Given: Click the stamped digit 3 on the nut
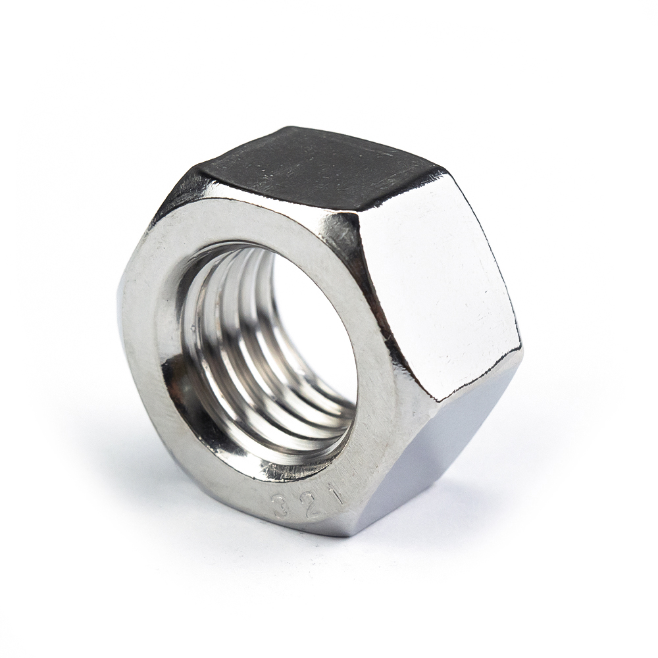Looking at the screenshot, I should point(281,507).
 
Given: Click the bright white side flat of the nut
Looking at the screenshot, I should point(434,283).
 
